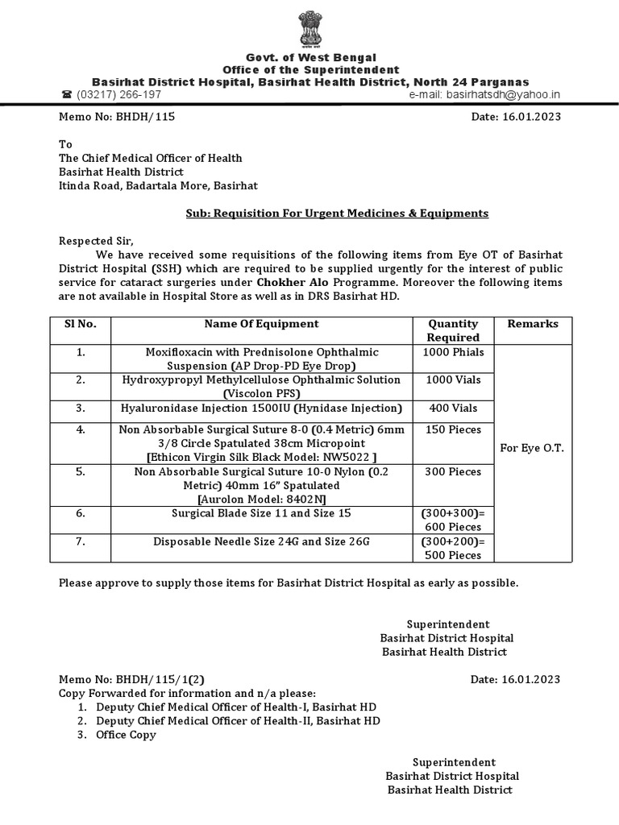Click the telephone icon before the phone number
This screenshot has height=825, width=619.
[67, 94]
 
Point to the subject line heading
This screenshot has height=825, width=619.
[332, 214]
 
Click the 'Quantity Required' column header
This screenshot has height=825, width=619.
[453, 330]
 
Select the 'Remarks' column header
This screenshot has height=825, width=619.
[532, 324]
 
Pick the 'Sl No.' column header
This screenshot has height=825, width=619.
[81, 324]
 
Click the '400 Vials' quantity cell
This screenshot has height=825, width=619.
[453, 408]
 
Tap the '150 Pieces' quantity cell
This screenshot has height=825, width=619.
[453, 430]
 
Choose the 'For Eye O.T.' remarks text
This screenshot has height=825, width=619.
[532, 448]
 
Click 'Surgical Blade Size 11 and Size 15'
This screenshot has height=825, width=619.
[261, 512]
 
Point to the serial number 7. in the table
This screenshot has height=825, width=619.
[81, 541]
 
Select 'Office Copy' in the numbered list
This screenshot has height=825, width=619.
[126, 735]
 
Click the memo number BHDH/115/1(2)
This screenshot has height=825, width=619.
[137, 679]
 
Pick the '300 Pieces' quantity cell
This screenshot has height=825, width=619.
[453, 472]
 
